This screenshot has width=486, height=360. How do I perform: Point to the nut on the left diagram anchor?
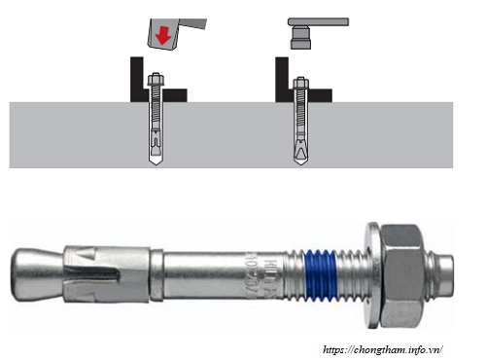pyautogui.click(x=156, y=82)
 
